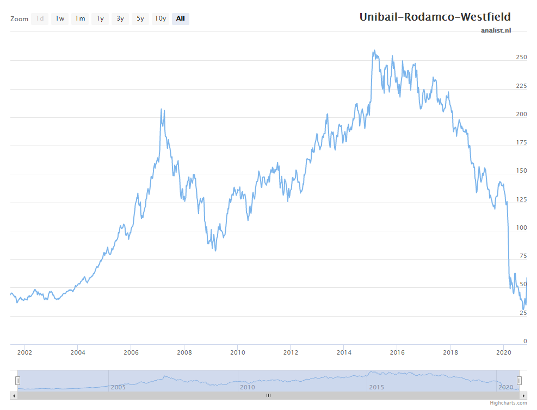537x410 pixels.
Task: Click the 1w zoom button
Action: [60, 19]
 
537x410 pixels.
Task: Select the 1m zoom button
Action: [80, 19]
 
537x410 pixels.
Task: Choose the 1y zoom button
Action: [100, 19]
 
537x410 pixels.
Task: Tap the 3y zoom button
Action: [120, 19]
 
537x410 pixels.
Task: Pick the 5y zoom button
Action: [140, 19]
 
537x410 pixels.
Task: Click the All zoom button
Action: [181, 19]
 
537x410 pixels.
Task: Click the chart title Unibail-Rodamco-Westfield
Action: [435, 17]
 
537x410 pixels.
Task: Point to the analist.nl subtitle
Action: [496, 30]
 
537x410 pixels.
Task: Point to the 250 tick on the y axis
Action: [521, 57]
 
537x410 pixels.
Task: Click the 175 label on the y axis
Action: [521, 142]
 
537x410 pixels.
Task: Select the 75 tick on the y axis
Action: [523, 256]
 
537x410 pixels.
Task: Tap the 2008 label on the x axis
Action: [184, 352]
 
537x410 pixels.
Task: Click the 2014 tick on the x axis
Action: [344, 352]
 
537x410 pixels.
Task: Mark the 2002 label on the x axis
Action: [24, 352]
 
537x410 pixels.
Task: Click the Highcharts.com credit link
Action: [508, 403]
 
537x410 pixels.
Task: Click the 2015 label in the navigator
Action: [376, 387]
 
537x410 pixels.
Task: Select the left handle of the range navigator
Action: [17, 380]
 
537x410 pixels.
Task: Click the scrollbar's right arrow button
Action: [523, 396]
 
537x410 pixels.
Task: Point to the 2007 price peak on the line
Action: [162, 109]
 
